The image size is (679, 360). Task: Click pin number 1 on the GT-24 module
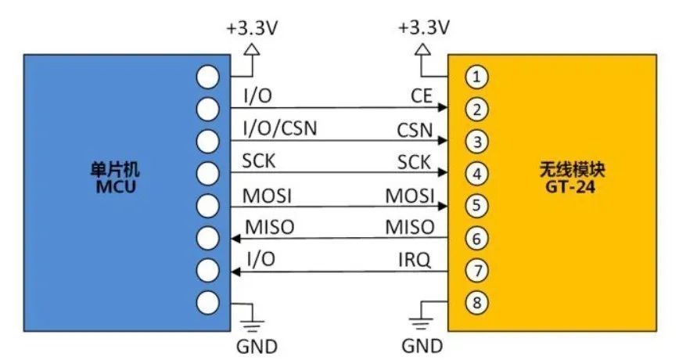476,77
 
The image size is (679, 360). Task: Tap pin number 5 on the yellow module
476,205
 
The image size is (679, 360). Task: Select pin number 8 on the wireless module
476,302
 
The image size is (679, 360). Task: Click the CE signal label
422,95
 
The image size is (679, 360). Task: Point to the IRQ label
415,260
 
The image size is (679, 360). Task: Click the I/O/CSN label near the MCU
280,128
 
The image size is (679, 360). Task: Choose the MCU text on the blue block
116,187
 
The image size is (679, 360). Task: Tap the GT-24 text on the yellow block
569,187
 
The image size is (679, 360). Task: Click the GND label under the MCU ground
257,347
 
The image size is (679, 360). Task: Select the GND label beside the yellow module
422,346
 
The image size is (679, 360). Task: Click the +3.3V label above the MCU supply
252,29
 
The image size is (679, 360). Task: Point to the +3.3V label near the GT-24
424,27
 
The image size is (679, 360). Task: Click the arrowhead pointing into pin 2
443,107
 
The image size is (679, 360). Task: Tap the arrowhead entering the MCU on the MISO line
235,238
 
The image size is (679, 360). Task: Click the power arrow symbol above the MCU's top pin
252,50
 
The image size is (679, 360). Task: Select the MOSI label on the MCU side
267,196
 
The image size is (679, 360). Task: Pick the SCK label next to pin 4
414,163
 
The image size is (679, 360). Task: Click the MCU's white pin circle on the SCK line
208,173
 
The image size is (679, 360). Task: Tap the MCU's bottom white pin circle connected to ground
208,302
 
